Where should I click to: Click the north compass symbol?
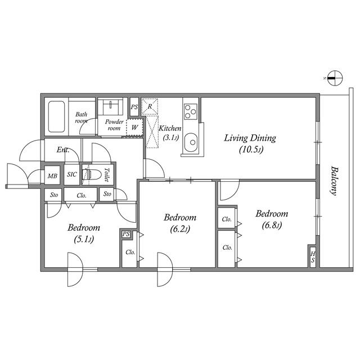[335, 78]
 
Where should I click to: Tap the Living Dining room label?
[250, 143]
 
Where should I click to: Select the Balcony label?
[334, 181]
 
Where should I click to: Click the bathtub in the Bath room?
[56, 116]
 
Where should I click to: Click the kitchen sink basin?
[191, 142]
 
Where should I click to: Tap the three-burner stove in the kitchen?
[191, 111]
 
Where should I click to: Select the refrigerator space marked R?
[150, 106]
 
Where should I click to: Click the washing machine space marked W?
[135, 127]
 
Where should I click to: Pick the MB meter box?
[52, 175]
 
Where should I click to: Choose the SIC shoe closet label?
[72, 174]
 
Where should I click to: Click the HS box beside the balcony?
[313, 257]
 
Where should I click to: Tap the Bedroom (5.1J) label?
[84, 233]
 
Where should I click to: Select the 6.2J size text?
[180, 229]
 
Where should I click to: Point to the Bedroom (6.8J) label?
[272, 219]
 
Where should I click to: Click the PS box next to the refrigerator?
[134, 107]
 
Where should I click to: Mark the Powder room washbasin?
[111, 106]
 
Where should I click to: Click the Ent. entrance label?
[63, 150]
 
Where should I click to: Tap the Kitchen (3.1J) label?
[170, 133]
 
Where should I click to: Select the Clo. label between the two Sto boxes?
[82, 195]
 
